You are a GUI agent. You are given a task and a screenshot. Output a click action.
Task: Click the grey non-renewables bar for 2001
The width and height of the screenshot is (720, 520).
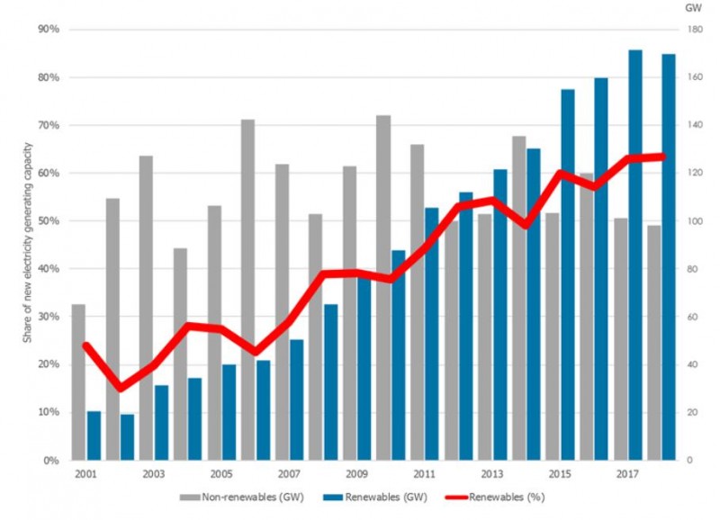click(78, 381)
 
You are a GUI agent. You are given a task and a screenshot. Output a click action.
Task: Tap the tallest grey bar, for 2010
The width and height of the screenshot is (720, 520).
click(383, 287)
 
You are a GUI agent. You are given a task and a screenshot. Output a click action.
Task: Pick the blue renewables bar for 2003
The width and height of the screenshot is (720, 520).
click(161, 422)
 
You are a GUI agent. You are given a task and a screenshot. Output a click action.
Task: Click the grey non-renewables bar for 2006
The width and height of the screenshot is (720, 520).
click(247, 289)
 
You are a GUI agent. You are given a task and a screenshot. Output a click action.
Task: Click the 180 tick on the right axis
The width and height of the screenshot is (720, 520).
click(694, 30)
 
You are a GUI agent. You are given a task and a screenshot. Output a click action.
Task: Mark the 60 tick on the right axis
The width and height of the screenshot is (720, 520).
click(691, 317)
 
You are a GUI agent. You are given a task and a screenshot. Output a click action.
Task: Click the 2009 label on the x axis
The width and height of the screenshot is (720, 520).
click(355, 473)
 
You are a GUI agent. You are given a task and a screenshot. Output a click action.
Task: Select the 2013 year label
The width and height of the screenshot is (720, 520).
click(491, 473)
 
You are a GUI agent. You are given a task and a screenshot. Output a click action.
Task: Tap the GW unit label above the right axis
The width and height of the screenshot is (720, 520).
click(693, 7)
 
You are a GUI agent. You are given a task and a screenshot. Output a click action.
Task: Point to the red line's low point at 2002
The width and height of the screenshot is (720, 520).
click(121, 388)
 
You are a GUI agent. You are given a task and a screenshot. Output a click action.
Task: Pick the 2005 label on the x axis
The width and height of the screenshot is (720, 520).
click(220, 473)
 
